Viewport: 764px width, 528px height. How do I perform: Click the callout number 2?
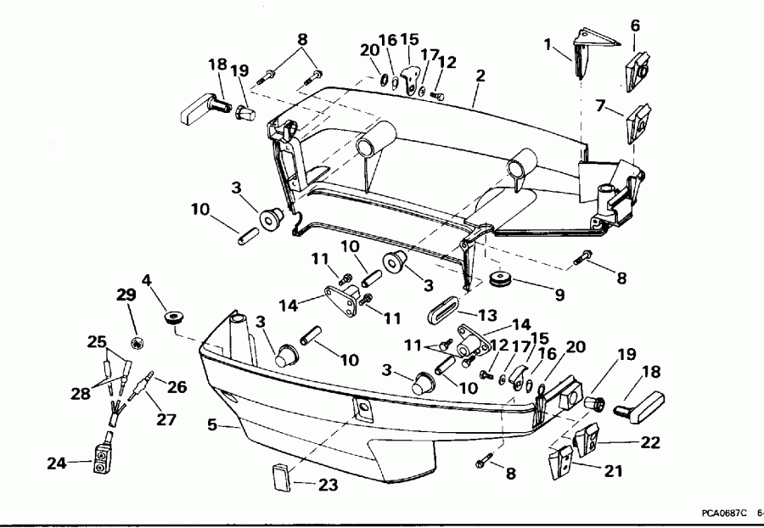pyautogui.click(x=480, y=76)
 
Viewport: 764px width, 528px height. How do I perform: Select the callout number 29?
pyautogui.click(x=126, y=295)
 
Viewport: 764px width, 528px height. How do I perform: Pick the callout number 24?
pyautogui.click(x=55, y=463)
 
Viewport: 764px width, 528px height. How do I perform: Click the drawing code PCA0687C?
pyautogui.click(x=723, y=513)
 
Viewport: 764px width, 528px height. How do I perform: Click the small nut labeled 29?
pyautogui.click(x=136, y=342)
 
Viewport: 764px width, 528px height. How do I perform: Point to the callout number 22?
pyautogui.click(x=649, y=442)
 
